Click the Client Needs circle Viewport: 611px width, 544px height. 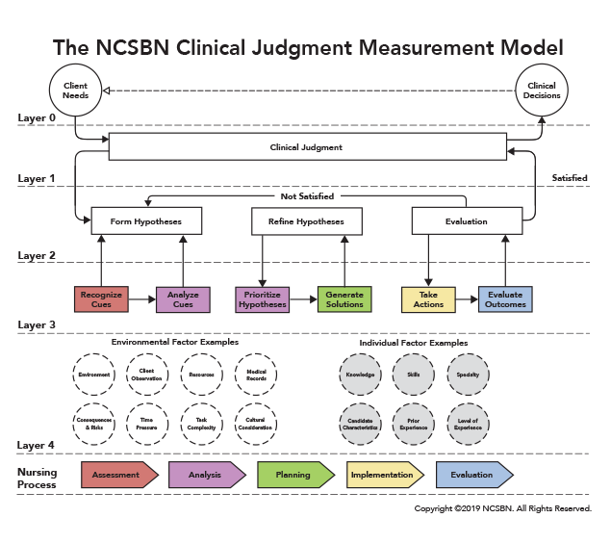coord(75,91)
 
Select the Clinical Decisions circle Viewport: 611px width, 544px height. coord(542,91)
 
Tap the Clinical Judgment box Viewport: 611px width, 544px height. coord(307,147)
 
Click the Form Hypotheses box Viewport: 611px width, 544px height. coord(148,221)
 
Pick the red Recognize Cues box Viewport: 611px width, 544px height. coord(101,299)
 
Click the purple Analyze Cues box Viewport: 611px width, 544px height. coord(183,299)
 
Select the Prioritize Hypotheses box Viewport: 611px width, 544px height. coord(263,299)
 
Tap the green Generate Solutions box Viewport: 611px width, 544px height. coord(344,299)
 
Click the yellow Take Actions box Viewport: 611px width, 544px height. coord(428,299)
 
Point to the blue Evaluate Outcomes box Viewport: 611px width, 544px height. coord(505,299)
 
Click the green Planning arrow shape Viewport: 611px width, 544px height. coord(293,475)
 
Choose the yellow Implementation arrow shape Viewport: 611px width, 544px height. coord(383,475)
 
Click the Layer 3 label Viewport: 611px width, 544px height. coord(37,325)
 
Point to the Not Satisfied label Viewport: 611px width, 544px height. coord(307,196)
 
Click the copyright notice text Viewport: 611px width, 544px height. coord(502,508)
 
